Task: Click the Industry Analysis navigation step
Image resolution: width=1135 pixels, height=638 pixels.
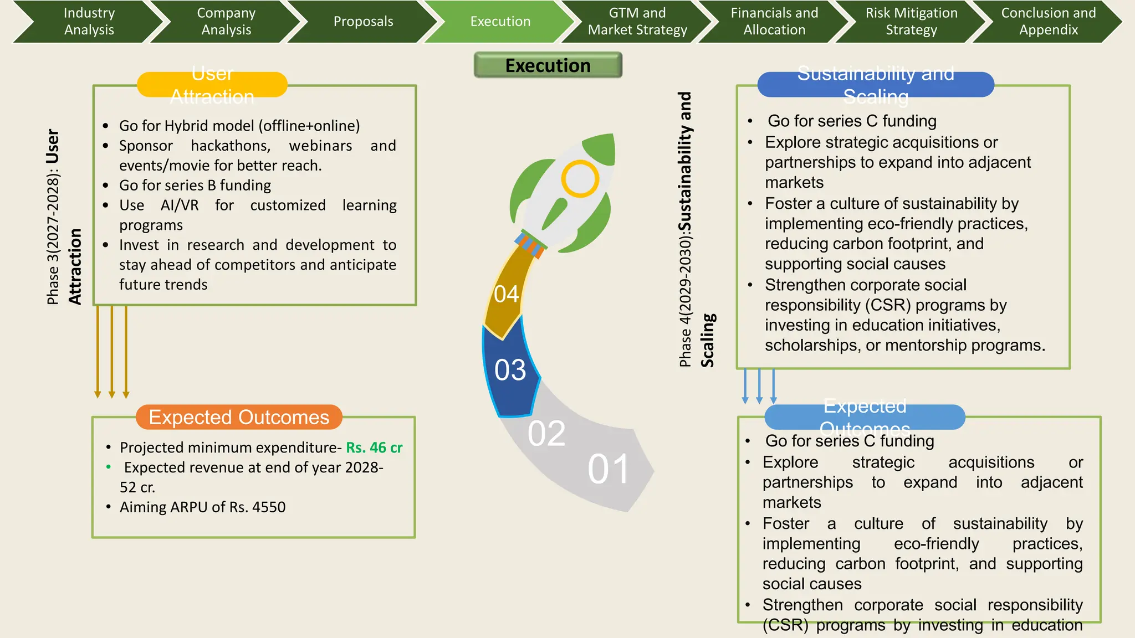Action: point(89,21)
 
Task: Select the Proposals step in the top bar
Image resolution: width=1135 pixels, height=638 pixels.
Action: point(363,21)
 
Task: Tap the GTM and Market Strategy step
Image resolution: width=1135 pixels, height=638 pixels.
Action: point(637,21)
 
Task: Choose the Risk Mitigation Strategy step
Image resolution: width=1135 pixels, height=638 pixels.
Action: point(911,21)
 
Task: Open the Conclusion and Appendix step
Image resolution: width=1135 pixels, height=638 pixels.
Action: point(1048,21)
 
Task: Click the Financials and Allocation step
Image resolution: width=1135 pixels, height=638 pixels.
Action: point(774,21)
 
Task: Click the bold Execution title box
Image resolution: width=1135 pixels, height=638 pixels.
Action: point(548,65)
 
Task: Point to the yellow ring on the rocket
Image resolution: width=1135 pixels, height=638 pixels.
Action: point(580,179)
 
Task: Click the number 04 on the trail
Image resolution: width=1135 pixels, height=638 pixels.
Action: point(506,294)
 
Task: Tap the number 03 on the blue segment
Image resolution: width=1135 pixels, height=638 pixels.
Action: point(510,370)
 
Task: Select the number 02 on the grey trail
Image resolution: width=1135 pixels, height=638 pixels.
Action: point(546,433)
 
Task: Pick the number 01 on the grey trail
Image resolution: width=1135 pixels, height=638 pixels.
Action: point(608,470)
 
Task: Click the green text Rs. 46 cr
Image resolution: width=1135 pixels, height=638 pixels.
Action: point(374,447)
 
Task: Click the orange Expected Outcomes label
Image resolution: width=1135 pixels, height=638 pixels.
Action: point(239,417)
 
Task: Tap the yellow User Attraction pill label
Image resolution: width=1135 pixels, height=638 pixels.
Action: point(212,85)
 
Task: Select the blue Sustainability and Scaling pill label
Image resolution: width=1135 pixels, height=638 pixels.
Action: point(876,85)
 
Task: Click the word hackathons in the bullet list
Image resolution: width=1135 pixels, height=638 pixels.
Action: point(231,146)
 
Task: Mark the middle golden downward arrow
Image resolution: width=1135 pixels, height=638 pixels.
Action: point(112,352)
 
